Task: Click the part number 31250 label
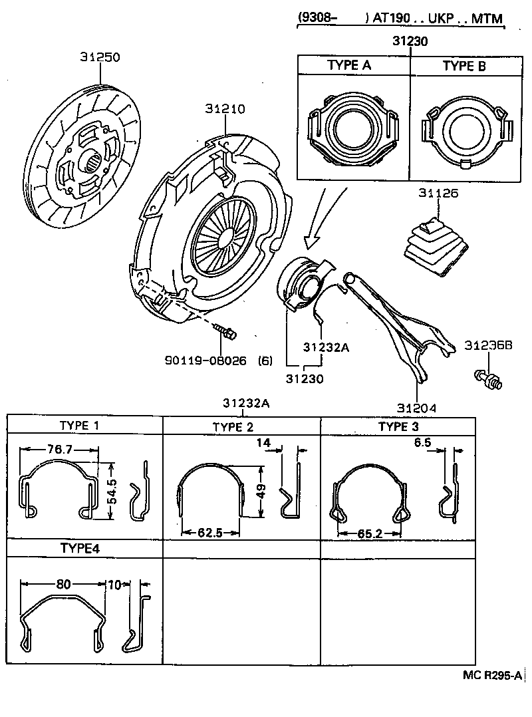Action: point(100,57)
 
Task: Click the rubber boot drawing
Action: point(434,245)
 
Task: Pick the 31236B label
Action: point(489,345)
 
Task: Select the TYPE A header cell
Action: point(349,66)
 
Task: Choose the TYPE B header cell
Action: point(464,66)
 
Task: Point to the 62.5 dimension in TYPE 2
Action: point(209,533)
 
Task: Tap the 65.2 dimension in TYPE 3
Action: point(369,533)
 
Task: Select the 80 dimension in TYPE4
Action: point(63,585)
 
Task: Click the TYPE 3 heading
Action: point(398,426)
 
